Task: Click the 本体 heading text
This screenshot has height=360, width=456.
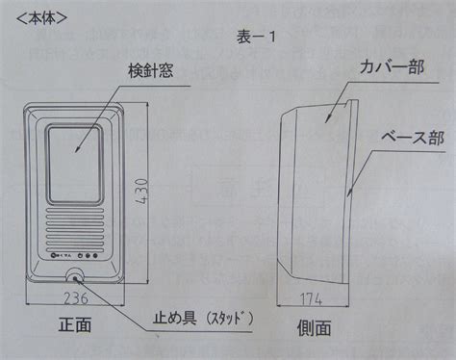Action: (42, 18)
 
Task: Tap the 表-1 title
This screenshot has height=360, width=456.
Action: (256, 38)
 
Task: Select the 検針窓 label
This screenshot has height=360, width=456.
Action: (151, 70)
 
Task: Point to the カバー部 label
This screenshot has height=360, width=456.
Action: (392, 67)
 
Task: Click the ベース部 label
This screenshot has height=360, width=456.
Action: (413, 138)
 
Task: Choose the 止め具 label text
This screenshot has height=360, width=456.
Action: (174, 318)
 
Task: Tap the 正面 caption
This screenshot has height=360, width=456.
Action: (75, 324)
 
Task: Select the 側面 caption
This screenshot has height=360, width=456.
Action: (314, 328)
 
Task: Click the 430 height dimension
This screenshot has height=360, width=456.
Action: (141, 192)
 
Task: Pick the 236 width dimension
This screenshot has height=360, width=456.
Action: (76, 298)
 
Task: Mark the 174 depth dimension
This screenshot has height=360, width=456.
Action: (311, 299)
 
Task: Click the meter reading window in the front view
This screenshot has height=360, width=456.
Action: (75, 165)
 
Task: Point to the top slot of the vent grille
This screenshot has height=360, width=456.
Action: (76, 211)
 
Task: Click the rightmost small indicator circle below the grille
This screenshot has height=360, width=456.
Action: (95, 256)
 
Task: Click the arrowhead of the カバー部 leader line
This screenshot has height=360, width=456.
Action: (327, 119)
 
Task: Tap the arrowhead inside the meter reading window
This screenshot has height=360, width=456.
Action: (77, 149)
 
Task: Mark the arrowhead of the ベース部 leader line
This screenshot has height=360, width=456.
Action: (349, 193)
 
